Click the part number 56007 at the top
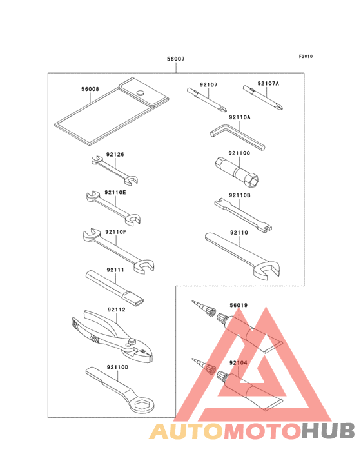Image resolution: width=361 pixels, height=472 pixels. (x=176, y=59)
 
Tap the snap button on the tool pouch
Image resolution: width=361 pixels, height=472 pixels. (x=140, y=92)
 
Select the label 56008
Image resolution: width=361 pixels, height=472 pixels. (x=90, y=89)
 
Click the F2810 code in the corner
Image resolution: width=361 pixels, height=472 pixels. (x=306, y=56)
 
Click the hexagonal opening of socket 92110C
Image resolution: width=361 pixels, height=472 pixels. (x=254, y=180)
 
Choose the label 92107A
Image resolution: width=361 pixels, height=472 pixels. (x=268, y=83)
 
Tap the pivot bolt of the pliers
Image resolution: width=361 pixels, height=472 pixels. (x=131, y=342)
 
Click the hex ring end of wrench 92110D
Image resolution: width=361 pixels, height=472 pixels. (x=143, y=404)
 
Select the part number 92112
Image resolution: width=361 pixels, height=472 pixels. (x=117, y=310)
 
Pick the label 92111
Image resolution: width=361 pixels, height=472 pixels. (x=115, y=270)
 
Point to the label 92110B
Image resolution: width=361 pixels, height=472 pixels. (x=239, y=195)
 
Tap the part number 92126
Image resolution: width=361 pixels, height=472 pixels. (x=115, y=154)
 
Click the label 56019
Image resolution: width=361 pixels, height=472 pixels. (x=239, y=305)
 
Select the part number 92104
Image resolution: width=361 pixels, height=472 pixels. (x=239, y=363)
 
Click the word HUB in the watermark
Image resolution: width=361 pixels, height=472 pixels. (x=329, y=431)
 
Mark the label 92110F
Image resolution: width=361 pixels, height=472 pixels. (x=116, y=232)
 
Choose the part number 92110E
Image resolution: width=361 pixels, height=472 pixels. (x=115, y=192)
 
